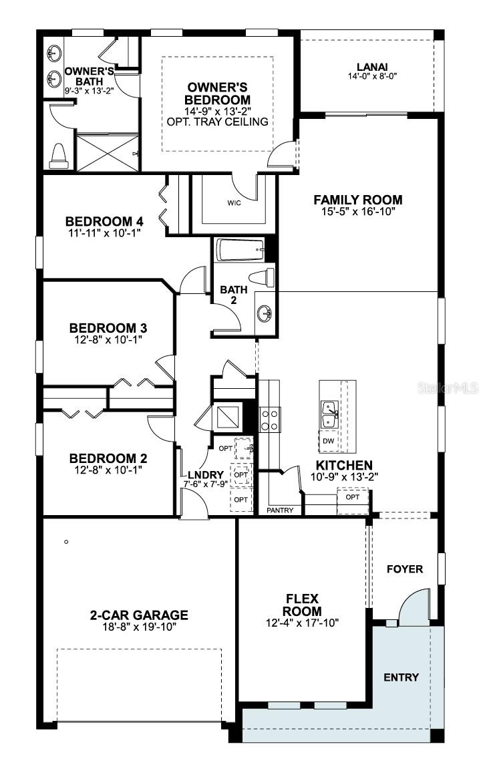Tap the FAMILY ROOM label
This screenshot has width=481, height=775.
click(x=358, y=199)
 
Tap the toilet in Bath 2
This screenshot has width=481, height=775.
click(x=261, y=276)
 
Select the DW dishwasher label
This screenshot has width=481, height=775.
click(x=328, y=441)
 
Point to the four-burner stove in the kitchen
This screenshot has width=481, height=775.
click(x=269, y=419)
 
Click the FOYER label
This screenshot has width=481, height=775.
click(x=406, y=569)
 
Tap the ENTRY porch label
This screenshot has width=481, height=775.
click(x=401, y=677)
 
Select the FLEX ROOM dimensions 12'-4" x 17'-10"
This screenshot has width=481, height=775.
click(x=302, y=623)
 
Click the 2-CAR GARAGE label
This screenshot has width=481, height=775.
click(x=139, y=615)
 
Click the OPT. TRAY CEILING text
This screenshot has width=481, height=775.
click(x=218, y=122)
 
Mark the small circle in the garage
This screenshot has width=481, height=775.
click(x=66, y=542)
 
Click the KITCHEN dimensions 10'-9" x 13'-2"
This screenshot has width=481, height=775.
click(x=345, y=477)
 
